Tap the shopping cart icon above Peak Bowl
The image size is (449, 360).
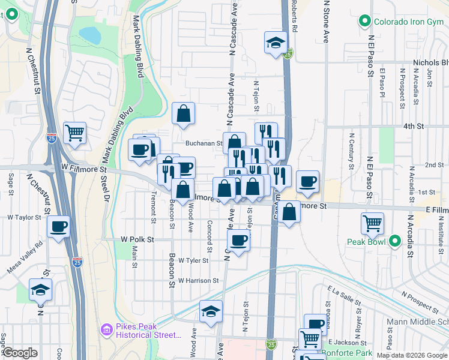pos(372,224)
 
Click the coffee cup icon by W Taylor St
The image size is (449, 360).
pos(58,226)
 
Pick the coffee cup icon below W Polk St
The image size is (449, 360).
pos(238,240)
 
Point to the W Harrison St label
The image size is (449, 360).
pos(198,280)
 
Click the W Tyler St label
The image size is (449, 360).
pos(193,260)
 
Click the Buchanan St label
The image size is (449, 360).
pos(203,143)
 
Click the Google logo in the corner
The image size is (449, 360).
pos(19,353)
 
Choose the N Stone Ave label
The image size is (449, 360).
pos(327,21)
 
